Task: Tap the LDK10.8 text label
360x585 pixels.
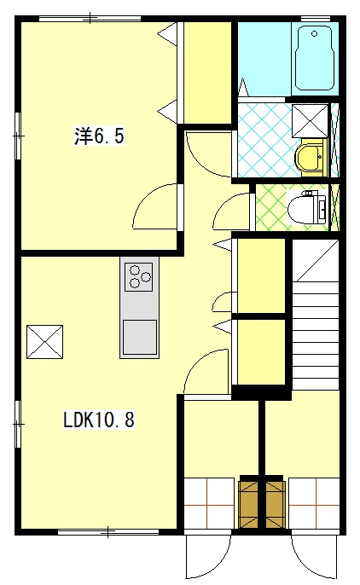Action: click(99, 420)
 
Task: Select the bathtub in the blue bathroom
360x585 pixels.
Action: click(316, 60)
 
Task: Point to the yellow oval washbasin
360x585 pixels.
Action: click(308, 157)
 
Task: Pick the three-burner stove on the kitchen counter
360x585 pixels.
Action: click(139, 276)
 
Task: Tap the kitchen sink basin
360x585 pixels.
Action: click(139, 335)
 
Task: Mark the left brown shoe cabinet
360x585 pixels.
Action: click(249, 503)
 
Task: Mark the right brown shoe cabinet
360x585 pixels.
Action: click(274, 503)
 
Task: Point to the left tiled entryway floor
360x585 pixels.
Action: click(210, 504)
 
